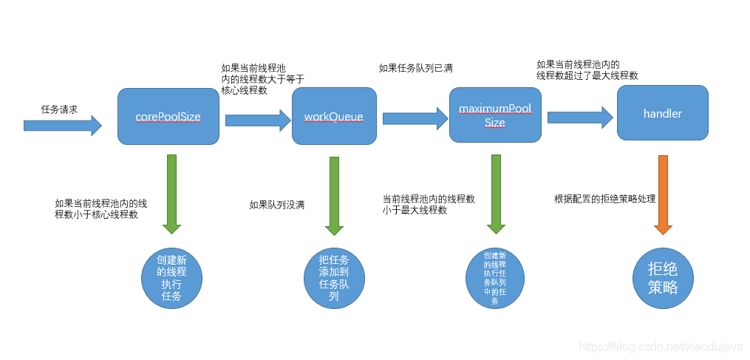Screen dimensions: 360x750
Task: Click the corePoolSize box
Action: pos(168,117)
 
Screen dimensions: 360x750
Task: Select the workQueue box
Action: pos(334,117)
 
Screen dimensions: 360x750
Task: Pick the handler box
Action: pos(662,113)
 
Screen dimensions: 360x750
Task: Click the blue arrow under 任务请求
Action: pos(62,126)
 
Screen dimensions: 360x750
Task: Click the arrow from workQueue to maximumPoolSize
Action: pos(415,118)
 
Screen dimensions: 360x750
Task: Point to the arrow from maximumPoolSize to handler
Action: pos(580,117)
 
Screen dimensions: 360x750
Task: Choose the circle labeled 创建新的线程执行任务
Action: pos(171,277)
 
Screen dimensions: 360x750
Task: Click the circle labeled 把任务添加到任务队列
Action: pos(334,277)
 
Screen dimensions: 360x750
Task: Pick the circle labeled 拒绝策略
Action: pos(663,277)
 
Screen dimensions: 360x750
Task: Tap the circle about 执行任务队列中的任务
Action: pos(496,277)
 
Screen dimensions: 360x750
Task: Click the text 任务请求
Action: pos(60,109)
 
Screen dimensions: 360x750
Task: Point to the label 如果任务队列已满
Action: pos(415,68)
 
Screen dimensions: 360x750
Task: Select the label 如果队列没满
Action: pos(277,205)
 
